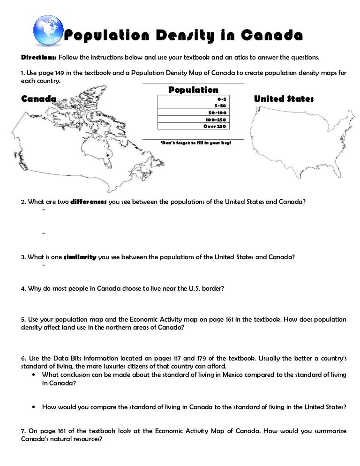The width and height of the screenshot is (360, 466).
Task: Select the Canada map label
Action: coord(39,98)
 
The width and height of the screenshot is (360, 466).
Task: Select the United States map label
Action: coord(284,98)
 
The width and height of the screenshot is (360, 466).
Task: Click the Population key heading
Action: coord(193,90)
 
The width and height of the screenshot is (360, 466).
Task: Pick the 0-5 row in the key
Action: coord(194,99)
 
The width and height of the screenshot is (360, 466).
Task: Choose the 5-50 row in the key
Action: coord(194,105)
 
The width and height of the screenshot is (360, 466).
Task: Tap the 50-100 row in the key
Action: coord(194,113)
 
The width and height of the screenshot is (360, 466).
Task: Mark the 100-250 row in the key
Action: coord(194,120)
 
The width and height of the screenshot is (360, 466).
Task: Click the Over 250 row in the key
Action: coord(194,126)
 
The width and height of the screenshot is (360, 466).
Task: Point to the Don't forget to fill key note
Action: coord(195,143)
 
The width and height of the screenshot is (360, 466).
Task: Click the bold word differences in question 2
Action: coord(89,202)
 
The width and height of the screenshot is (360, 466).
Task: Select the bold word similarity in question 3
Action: coord(80,257)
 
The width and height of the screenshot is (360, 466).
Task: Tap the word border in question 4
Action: coord(214,289)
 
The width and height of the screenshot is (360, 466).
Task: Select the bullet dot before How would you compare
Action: coord(34,407)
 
